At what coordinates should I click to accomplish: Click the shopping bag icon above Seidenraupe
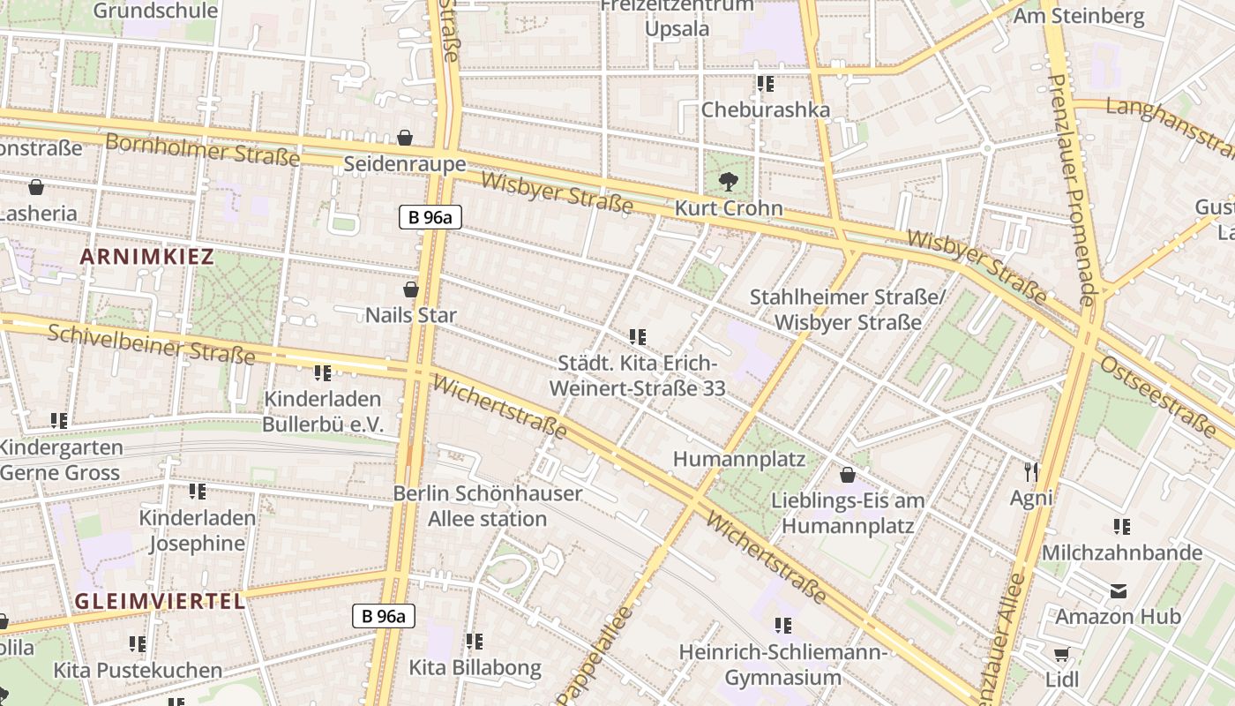tap(405, 138)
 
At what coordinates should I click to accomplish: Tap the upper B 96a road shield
tap(430, 217)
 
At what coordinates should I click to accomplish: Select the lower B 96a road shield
tap(384, 615)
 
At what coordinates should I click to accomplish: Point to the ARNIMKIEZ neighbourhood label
tap(147, 257)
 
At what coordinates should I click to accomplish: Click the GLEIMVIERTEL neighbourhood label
tap(159, 601)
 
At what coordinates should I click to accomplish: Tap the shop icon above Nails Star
tap(411, 289)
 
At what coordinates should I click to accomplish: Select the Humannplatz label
tap(739, 459)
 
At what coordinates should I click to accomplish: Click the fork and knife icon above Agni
tap(1031, 472)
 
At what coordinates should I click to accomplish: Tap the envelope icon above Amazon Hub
tap(1119, 591)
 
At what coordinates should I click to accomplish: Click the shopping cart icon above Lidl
tap(1061, 655)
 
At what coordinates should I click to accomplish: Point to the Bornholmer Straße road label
tap(202, 149)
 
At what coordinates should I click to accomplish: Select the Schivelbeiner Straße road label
tap(151, 344)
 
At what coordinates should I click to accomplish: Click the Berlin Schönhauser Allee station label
tap(487, 506)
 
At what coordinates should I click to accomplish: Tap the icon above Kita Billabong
tap(475, 642)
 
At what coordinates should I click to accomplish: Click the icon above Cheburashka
tap(766, 84)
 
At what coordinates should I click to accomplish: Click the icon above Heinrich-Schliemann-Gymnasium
tap(783, 626)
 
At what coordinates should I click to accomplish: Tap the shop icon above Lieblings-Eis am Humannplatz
tap(848, 475)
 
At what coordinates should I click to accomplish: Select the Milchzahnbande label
tap(1121, 552)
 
